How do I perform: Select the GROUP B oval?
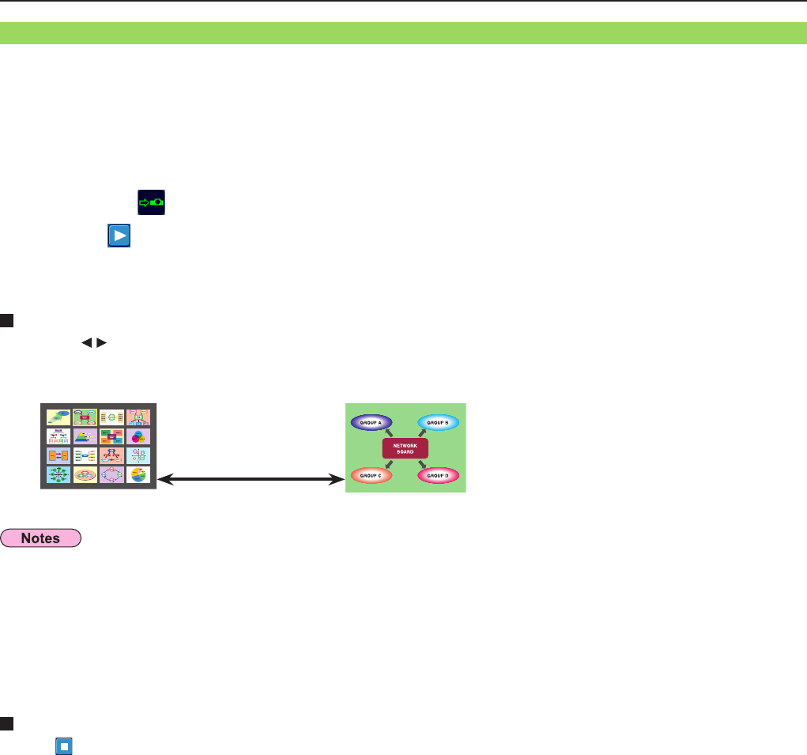pos(438,423)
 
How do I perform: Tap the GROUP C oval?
pos(371,476)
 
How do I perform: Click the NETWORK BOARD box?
pos(405,449)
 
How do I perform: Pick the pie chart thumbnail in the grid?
pos(138,475)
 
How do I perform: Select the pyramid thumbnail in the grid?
pos(85,436)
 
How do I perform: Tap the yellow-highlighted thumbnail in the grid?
pos(85,417)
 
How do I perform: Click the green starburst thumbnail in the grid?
pos(58,475)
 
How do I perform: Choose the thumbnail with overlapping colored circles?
pos(138,436)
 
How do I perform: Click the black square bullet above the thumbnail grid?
pos(5,320)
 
